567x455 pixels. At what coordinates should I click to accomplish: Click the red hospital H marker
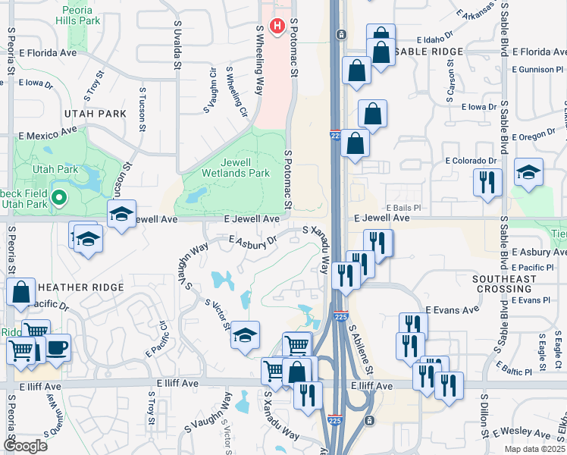click(277, 27)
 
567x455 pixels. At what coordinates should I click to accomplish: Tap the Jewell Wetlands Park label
click(224, 168)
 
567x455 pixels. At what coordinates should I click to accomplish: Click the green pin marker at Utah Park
click(60, 199)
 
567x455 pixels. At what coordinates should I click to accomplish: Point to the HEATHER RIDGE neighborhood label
click(80, 287)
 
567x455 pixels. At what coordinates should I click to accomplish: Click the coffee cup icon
click(58, 348)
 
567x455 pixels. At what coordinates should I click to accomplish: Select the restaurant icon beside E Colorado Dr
click(487, 182)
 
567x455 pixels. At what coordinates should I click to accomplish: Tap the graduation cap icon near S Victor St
click(246, 334)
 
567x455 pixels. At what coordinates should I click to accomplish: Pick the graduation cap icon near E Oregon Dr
click(528, 171)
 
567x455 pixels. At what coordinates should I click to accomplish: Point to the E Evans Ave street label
click(453, 310)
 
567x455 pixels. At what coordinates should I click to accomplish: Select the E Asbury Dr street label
click(253, 240)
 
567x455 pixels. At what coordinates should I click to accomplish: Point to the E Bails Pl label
click(403, 207)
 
